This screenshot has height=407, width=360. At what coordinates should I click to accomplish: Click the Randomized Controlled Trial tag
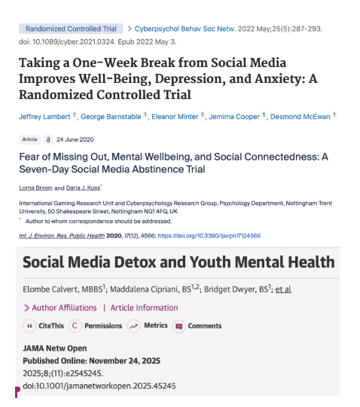coord(70,29)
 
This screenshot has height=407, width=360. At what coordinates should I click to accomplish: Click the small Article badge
coord(30,139)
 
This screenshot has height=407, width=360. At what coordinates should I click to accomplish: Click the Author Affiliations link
coord(64,308)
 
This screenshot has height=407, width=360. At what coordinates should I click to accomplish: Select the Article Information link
coord(144,308)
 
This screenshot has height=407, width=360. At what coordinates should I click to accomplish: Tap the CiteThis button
coord(47,326)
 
